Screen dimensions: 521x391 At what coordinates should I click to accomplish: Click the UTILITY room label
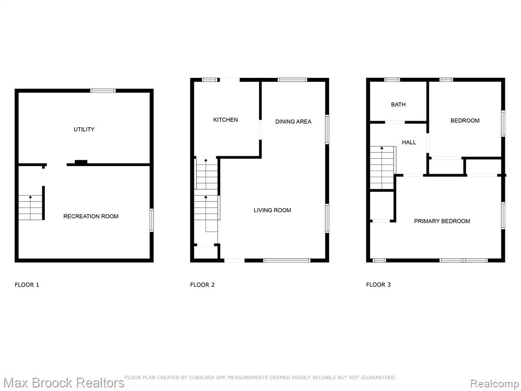(84, 129)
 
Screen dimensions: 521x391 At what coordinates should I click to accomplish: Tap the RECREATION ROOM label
(91, 216)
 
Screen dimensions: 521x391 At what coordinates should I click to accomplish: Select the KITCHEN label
(225, 120)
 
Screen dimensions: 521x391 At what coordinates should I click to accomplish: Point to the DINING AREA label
(294, 122)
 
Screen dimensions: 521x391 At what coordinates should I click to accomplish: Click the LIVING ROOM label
(273, 210)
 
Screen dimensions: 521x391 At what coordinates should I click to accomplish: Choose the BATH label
(398, 104)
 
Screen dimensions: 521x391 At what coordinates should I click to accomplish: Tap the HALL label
(409, 143)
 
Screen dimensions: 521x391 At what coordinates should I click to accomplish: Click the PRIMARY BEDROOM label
(442, 221)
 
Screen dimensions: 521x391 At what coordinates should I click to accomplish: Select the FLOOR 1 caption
(27, 285)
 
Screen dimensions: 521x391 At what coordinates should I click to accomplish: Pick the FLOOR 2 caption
(202, 285)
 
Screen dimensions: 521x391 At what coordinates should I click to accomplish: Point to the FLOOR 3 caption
(379, 285)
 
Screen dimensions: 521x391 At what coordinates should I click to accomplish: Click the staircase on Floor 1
(31, 208)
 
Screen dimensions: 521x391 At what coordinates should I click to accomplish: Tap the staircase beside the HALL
(382, 167)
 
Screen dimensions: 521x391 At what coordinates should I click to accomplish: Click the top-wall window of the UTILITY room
(103, 91)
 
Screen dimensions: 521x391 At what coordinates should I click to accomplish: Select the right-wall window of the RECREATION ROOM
(152, 220)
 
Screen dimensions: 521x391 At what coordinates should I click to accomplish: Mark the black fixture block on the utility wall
(81, 162)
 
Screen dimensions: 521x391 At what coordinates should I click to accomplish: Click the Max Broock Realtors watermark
(64, 383)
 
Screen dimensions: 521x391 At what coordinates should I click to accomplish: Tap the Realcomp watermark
(495, 384)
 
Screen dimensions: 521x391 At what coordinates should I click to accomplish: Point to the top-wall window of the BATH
(392, 80)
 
